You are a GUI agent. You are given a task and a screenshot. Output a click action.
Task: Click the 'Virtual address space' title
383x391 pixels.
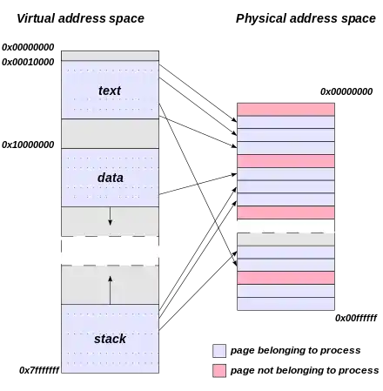pos(80,18)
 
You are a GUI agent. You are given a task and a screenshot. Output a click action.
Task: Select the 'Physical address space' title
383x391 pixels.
pos(306,18)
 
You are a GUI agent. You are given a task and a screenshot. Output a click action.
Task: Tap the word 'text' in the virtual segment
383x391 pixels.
pos(110,91)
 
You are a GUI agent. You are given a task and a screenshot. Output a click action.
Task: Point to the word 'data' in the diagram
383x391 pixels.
pos(111,178)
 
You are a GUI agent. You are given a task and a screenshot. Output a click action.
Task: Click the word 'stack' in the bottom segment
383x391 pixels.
pos(110,339)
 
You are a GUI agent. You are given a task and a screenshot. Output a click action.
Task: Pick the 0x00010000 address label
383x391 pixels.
pos(28,62)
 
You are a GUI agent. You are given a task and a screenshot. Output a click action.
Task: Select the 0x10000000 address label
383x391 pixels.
pos(28,145)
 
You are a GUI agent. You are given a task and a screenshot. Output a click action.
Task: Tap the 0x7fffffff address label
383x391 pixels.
pos(39,370)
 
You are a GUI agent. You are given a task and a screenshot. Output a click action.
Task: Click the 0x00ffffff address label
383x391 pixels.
pos(356,318)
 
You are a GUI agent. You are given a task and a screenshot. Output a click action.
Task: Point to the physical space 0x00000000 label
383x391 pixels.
pos(346,91)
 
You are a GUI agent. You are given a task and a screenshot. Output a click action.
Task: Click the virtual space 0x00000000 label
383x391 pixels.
pos(28,47)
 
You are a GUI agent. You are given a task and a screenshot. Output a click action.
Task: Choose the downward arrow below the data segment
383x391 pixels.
pos(110,216)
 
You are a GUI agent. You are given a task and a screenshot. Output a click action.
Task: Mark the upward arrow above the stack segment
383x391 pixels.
pos(110,290)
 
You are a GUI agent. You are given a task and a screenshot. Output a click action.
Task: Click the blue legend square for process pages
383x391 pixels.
pos(219,351)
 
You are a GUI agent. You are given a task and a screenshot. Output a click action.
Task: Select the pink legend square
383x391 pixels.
pos(219,371)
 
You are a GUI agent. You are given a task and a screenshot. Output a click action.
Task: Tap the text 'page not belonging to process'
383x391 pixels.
pos(305,370)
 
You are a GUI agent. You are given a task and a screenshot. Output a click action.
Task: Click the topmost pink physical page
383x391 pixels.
pos(286,109)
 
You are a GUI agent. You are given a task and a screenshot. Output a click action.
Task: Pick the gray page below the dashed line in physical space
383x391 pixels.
pos(286,239)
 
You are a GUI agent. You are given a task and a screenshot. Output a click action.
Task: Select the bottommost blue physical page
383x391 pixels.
pos(286,304)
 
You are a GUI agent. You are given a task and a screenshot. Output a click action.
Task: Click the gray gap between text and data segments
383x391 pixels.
pos(110,133)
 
